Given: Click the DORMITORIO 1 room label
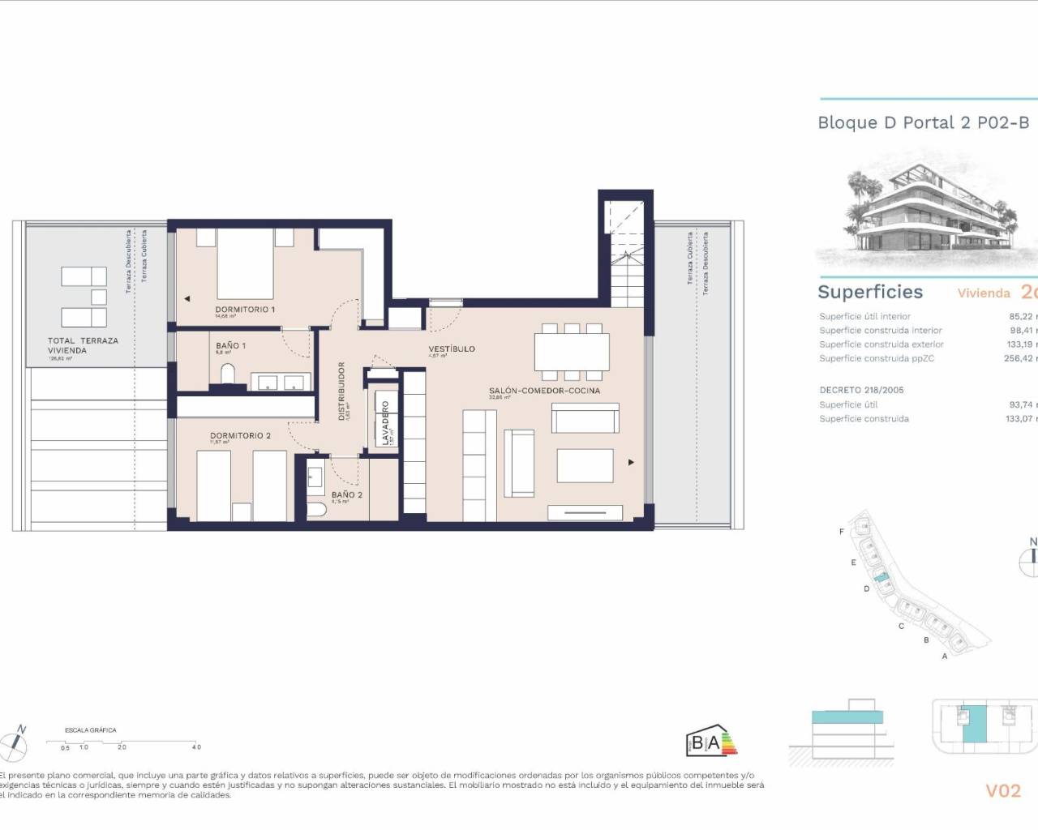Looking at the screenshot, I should click(245, 310).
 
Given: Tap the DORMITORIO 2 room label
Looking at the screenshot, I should click(240, 435).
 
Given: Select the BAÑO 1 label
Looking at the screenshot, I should click(230, 345).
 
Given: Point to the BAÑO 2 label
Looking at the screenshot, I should click(346, 494).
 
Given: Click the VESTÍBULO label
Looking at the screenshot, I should click(452, 349).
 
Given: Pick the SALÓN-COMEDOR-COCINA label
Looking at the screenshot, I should click(544, 391).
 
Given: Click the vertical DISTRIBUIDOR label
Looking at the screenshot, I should click(341, 391).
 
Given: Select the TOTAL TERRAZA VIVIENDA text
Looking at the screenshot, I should click(83, 345).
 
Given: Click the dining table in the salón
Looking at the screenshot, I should click(572, 351).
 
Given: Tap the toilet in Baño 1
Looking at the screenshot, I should click(227, 374).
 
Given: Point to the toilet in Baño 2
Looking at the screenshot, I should click(317, 509).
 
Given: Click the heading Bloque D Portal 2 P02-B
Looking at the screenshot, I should click(923, 122).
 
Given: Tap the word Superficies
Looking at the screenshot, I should click(870, 292).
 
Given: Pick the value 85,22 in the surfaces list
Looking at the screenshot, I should click(1021, 316).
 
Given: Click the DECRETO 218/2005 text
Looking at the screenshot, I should click(861, 390).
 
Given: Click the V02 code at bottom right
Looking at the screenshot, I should click(1002, 790).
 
